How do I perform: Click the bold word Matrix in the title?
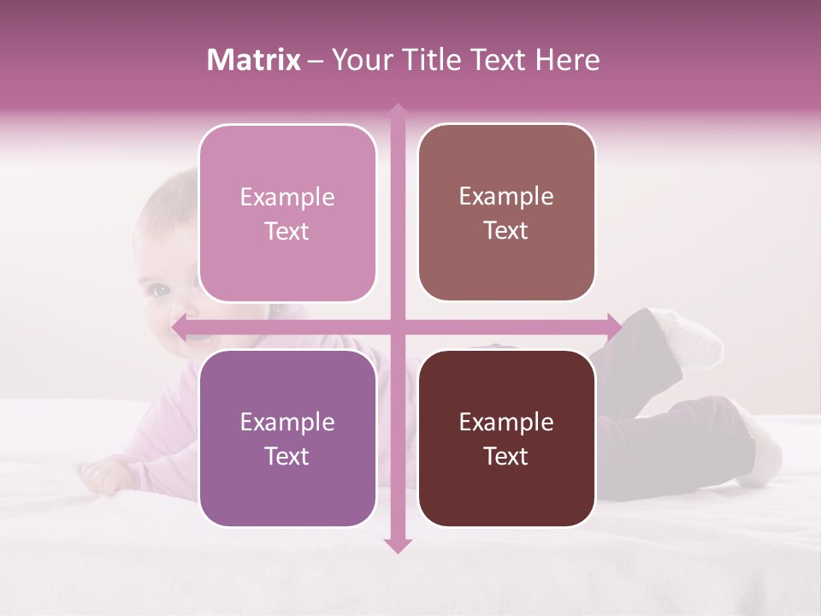254,60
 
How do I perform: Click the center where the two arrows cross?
397,326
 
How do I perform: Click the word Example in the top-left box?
287,198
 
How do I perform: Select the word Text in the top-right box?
506,231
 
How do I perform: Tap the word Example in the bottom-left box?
287,423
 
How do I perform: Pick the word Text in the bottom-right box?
506,456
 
